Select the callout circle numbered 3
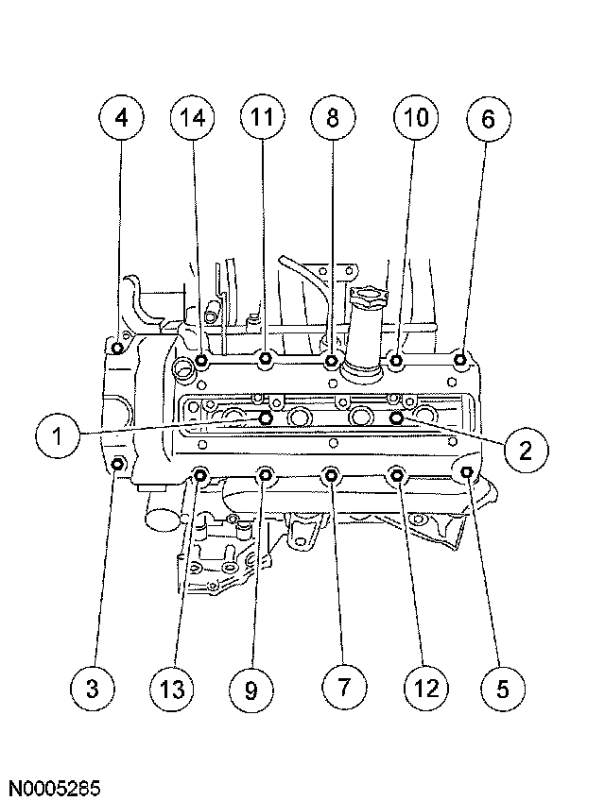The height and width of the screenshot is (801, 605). click(x=93, y=688)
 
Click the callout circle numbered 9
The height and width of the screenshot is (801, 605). click(x=251, y=688)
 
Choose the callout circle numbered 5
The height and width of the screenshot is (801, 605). click(x=501, y=688)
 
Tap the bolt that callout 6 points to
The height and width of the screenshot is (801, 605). click(x=461, y=360)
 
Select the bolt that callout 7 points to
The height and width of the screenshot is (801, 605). click(x=331, y=474)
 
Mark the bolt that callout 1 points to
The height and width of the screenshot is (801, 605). click(x=268, y=417)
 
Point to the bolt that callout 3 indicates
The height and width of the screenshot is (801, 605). click(x=118, y=464)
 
